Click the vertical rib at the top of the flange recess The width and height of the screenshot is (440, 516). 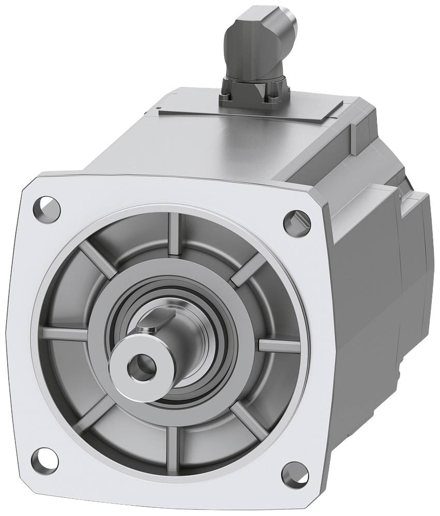pos(175,235)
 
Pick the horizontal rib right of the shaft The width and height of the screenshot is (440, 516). pos(279,345)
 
